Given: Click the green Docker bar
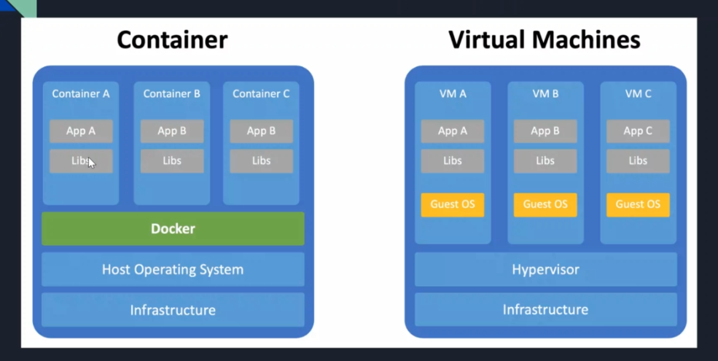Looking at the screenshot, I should pos(173,228).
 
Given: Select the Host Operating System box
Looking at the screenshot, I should pos(173,269).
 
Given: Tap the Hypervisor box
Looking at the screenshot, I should pos(545,269).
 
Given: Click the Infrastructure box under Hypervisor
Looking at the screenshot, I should pos(545,310).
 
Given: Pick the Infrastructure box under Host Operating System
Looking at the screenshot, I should pos(173,310).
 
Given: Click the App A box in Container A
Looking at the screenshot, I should pos(81,131).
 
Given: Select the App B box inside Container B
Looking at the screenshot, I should pos(172,131).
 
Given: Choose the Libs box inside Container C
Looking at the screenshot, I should pos(261,160).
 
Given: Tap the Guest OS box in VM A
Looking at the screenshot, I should pos(453,204).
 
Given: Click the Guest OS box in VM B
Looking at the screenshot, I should pos(545,204).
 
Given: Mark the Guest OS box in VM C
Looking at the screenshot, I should pos(638,204).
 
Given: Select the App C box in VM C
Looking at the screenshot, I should pos(638,131).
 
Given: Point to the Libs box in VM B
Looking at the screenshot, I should pos(545,160).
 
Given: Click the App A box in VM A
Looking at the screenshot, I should pos(453,131).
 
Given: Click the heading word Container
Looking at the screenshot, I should pos(172,39).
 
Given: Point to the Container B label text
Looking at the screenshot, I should pos(172,93).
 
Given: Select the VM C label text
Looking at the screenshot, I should pos(638,93).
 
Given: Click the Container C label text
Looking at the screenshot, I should pos(261,93).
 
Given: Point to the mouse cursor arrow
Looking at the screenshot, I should pos(91,163).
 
